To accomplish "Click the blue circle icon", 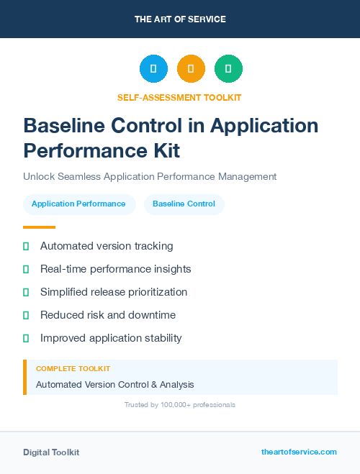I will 153,69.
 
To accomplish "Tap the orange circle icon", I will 191,69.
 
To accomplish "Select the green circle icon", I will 228,69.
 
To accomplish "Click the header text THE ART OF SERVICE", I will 180,19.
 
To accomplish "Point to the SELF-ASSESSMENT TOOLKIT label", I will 179,97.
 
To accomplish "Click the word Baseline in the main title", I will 66,125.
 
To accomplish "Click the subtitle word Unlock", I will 40,176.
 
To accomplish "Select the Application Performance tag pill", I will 78,204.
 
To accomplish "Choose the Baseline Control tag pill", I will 184,204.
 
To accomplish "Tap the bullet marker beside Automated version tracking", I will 26,246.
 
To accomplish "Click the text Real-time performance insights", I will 115,269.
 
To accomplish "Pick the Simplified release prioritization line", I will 114,292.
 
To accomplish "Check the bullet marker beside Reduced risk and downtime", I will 26,315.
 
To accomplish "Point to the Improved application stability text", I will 111,338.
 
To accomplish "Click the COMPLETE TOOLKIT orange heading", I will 73,369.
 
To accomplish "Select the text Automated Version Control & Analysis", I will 114,385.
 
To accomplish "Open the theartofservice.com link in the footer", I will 299,452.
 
